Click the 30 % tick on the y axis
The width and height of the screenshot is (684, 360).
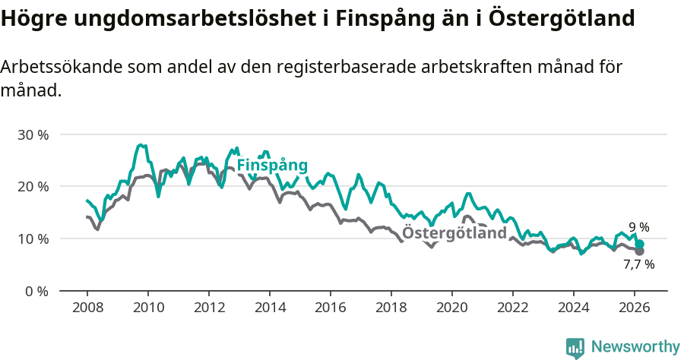click(x=33, y=134)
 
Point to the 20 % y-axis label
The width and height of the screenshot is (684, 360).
click(x=33, y=186)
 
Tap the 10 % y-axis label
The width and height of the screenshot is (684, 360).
click(x=33, y=238)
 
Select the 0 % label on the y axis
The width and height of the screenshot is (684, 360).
click(x=36, y=291)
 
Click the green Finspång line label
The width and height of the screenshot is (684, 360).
click(x=272, y=166)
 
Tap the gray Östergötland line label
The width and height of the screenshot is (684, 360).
click(x=454, y=233)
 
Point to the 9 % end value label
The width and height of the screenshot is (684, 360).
click(x=639, y=227)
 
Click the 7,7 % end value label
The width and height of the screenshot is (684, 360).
click(x=638, y=265)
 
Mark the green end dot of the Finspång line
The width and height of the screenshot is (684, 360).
click(x=640, y=244)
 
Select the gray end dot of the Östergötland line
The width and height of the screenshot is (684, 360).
click(x=640, y=251)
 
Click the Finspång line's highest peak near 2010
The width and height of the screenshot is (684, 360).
click(x=141, y=144)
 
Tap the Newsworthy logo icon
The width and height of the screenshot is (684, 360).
click(x=575, y=348)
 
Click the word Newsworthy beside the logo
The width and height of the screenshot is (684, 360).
click(x=635, y=347)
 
